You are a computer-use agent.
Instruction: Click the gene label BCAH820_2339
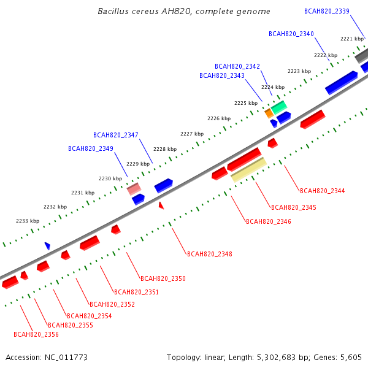[x=327, y=11]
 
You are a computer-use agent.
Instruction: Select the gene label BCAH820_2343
[x=222, y=75]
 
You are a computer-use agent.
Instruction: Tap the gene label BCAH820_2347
[x=116, y=135]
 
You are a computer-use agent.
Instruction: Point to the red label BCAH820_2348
[x=210, y=254]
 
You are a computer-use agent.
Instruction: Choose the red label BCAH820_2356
[x=36, y=334]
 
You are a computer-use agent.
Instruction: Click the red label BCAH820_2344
[x=323, y=191]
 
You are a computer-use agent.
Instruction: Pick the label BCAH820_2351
[x=136, y=292]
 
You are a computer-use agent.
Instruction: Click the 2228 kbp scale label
[x=165, y=149]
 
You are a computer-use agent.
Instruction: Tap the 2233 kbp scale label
[x=28, y=221]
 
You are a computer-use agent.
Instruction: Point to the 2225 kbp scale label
[x=246, y=103]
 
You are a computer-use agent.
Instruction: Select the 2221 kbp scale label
[x=352, y=39]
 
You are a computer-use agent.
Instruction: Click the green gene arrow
[x=279, y=107]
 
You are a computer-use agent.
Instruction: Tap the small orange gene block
[x=269, y=113]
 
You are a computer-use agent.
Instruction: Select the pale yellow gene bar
[x=249, y=170]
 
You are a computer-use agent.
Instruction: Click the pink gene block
[x=134, y=189]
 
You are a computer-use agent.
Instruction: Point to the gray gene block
[x=362, y=56]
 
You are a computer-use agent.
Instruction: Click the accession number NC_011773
[x=66, y=358]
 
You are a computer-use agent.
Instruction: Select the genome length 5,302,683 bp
[x=282, y=358]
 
